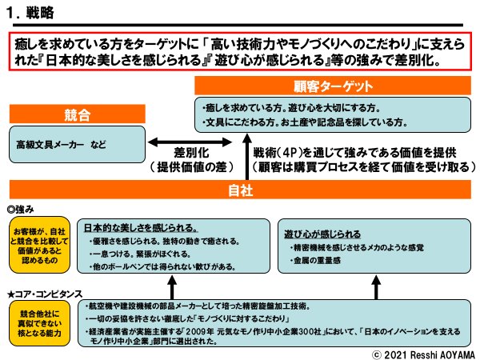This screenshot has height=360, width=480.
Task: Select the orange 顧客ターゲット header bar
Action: pos(331,86)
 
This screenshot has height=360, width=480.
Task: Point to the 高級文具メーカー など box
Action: pos(74,146)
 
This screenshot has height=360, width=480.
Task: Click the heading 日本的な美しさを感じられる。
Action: pos(142,226)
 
